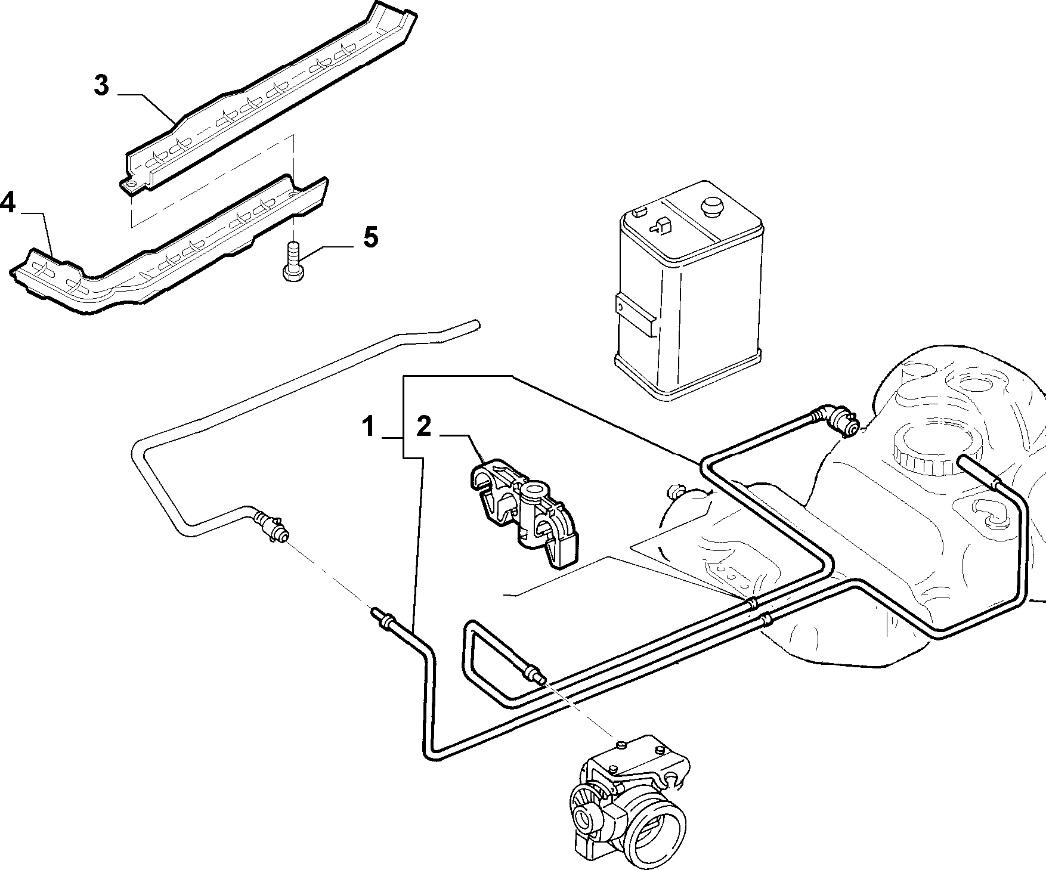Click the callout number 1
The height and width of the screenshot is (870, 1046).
[369, 428]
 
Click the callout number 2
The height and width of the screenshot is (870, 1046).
[423, 427]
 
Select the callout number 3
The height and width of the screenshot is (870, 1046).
[101, 85]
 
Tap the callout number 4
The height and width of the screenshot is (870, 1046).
[7, 203]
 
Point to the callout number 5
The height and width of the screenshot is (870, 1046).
[370, 238]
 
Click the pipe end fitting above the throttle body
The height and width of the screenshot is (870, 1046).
[535, 674]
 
